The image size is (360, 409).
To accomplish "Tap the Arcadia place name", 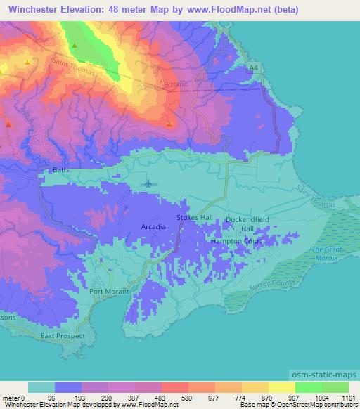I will tap(153, 227).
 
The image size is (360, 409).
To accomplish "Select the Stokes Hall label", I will tap(194, 218).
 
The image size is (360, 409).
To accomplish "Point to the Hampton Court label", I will tap(237, 241).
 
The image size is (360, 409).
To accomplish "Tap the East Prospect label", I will tap(63, 336).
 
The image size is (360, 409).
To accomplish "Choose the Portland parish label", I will tap(175, 84).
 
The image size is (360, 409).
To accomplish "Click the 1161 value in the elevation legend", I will tap(348, 397).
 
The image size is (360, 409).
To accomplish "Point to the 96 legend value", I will tap(51, 397).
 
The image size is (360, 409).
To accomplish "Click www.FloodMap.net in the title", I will tap(239, 10).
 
